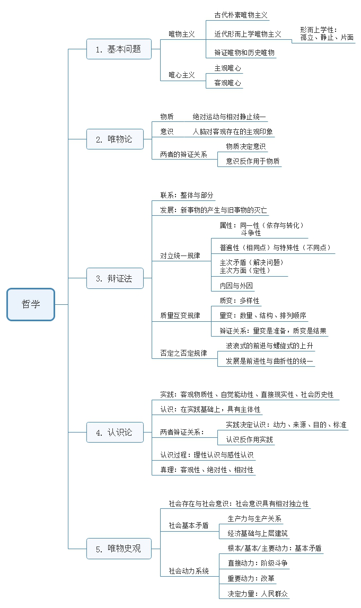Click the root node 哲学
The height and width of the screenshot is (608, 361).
coord(31,304)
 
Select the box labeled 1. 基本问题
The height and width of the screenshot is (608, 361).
coord(119,49)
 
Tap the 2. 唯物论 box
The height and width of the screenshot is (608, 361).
coord(115,139)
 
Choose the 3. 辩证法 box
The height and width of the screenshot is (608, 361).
coord(115,278)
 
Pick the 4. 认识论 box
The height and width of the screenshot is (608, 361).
coord(115,433)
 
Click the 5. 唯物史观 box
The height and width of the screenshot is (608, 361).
coord(119,549)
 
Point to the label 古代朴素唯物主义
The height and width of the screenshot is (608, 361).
coord(241,15)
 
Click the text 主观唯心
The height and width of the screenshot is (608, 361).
coord(227,68)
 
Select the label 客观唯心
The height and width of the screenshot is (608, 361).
coord(227,83)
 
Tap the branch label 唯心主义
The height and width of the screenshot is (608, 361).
coord(181,75)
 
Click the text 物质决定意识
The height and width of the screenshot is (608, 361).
coord(246,146)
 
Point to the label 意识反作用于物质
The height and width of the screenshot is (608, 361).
coord(253,161)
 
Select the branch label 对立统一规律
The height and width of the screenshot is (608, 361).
coord(180,255)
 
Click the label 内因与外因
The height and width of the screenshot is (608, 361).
coord(236,286)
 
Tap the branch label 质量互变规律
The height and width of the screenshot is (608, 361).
coord(180,315)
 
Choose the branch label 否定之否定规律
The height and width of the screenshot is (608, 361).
coord(184,353)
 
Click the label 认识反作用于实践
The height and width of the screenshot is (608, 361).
coord(249,440)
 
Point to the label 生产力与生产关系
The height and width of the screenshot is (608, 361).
coord(254,519)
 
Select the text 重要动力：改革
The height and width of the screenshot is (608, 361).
coord(251,578)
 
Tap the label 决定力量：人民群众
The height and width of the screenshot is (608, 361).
coord(258,594)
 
